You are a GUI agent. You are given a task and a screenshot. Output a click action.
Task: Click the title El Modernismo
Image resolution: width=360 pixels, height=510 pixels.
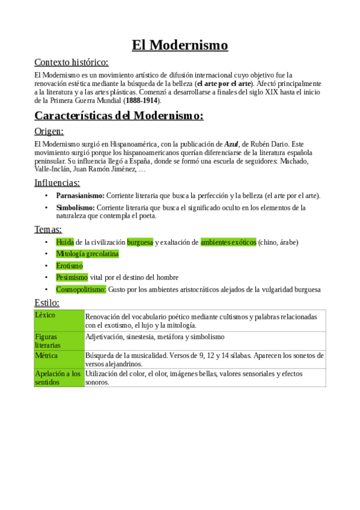pyautogui.click(x=180, y=45)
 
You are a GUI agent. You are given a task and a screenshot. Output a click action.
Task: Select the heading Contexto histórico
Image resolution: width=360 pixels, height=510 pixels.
pyautogui.click(x=72, y=62)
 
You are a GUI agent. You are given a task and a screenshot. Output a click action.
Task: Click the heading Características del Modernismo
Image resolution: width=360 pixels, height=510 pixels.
pyautogui.click(x=119, y=115)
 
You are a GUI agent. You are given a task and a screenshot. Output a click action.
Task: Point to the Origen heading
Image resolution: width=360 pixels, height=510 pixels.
pyautogui.click(x=49, y=131)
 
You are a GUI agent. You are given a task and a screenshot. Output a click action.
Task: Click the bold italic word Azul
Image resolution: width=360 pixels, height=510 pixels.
pyautogui.click(x=231, y=145)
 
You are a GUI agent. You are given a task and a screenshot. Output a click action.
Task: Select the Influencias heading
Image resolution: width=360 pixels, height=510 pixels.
pyautogui.click(x=57, y=182)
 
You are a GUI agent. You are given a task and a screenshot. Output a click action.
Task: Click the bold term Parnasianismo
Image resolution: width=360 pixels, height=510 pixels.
pyautogui.click(x=80, y=195)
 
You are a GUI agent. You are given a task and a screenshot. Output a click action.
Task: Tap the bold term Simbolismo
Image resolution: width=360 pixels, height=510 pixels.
pyautogui.click(x=75, y=207)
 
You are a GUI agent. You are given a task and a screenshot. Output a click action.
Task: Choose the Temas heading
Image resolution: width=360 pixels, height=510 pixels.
pyautogui.click(x=47, y=229)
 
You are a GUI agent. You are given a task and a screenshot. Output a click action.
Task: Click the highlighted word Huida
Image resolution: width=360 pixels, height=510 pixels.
pyautogui.click(x=65, y=242)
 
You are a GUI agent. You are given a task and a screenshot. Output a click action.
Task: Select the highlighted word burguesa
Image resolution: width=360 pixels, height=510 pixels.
pyautogui.click(x=140, y=242)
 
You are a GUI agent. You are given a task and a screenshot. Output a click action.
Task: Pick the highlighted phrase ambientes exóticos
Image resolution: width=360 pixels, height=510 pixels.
pyautogui.click(x=228, y=242)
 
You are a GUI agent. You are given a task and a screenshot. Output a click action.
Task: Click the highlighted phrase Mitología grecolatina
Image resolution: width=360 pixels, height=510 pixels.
pyautogui.click(x=87, y=254)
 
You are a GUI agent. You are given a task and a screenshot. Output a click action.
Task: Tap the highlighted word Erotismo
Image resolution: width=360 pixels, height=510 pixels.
pyautogui.click(x=69, y=265)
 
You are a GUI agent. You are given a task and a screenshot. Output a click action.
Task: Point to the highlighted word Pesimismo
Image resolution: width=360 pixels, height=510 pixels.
pyautogui.click(x=72, y=277)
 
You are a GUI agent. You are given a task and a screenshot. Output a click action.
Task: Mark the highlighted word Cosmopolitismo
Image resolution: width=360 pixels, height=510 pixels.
pyautogui.click(x=81, y=289)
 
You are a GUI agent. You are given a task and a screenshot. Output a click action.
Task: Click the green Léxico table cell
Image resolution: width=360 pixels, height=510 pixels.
pyautogui.click(x=59, y=321)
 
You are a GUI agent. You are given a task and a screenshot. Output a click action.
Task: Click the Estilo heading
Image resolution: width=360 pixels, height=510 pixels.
pyautogui.click(x=46, y=303)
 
